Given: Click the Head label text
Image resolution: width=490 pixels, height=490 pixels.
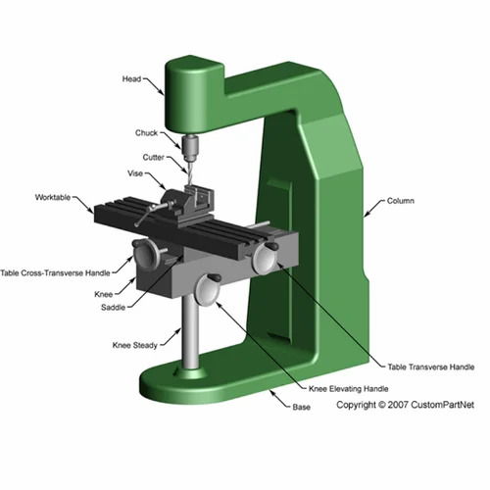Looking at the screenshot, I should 133,79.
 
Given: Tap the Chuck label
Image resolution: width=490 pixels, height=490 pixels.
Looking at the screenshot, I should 146,132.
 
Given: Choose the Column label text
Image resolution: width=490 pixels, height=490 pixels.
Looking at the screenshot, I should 400,202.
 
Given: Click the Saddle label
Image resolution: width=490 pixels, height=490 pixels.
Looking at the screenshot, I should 114,308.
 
